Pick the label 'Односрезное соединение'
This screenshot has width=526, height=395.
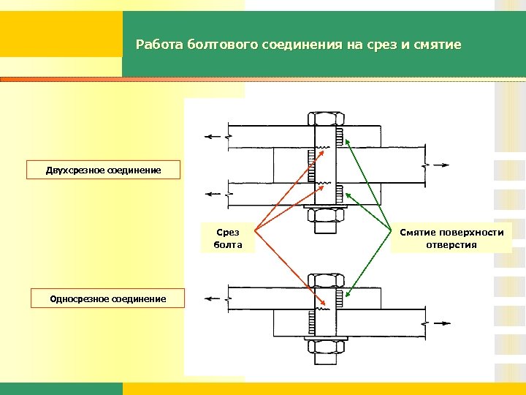[107, 298]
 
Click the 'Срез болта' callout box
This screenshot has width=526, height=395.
[228, 238]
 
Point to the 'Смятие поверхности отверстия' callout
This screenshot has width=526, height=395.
[451, 238]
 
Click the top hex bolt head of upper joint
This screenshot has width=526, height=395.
[326, 118]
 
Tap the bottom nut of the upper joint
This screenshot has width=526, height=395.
[326, 214]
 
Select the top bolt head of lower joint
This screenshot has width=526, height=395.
[326, 279]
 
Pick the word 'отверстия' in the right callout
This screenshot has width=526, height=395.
[451, 245]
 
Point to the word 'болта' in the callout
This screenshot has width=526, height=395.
[228, 245]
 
